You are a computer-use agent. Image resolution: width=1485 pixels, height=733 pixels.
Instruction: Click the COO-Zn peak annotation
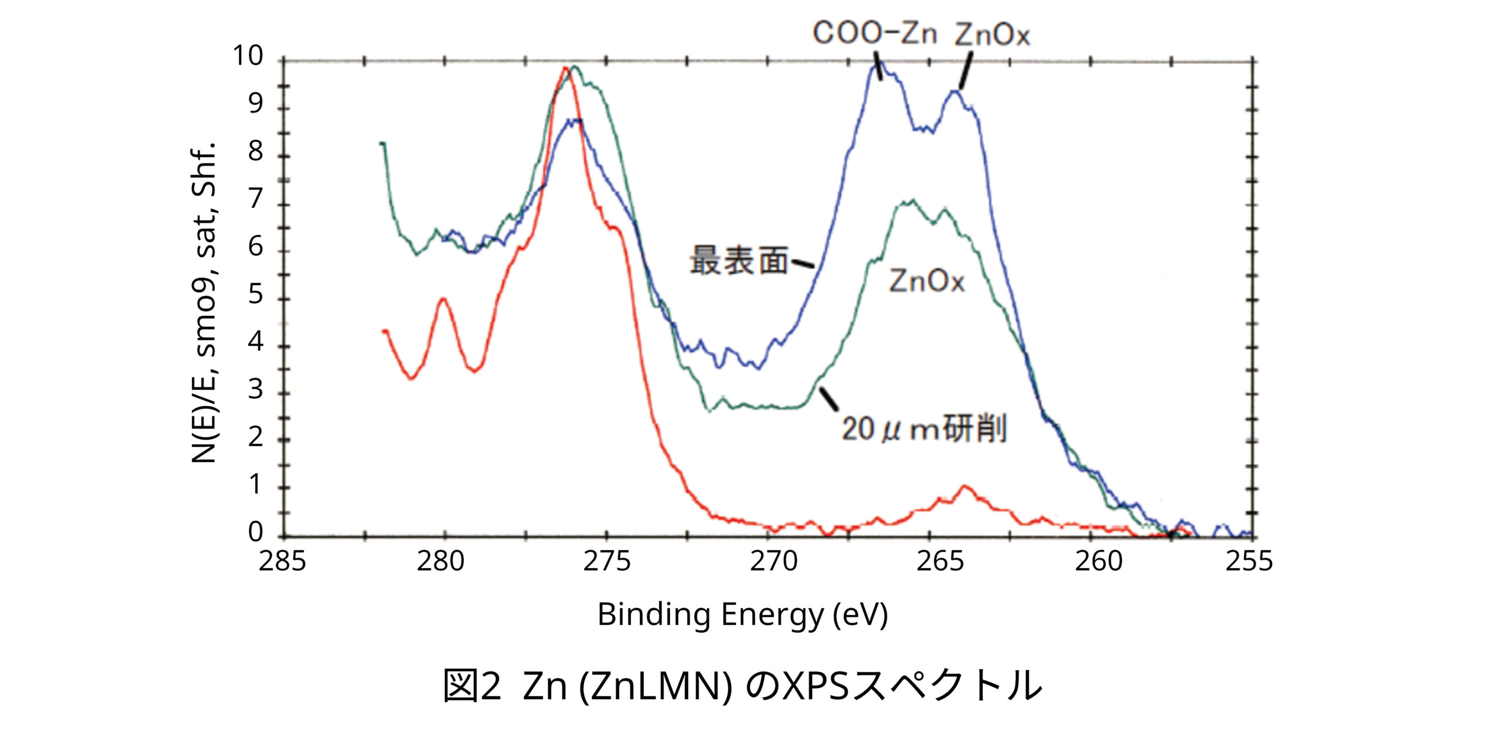[x=874, y=33]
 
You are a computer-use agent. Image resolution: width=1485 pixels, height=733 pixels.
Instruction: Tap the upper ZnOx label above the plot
[x=992, y=35]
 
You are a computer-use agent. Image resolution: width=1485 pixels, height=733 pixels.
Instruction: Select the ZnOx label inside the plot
[x=926, y=282]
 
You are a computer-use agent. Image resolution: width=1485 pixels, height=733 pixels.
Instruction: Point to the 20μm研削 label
[x=923, y=430]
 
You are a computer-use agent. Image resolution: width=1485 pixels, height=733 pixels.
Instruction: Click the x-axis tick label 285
[x=282, y=562]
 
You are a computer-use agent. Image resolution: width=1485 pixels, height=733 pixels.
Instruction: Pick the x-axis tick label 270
[x=774, y=562]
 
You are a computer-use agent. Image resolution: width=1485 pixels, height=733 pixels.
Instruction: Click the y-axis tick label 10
[x=248, y=56]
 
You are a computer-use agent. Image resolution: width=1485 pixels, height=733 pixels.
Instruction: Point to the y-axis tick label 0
[x=255, y=532]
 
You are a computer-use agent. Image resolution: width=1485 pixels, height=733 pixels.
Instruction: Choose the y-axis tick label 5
[x=255, y=295]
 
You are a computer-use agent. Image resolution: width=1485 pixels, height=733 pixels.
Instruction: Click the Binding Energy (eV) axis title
[x=742, y=615]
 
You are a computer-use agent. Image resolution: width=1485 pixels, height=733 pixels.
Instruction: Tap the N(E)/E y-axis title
[x=204, y=302]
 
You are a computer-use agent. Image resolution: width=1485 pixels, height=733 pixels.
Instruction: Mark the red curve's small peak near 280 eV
[x=444, y=299]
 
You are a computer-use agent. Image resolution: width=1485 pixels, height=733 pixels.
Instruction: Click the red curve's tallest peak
[x=565, y=68]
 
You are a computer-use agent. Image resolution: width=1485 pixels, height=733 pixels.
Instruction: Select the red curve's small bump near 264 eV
[x=965, y=486]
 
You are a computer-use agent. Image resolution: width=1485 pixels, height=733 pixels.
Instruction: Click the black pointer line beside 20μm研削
[x=829, y=399]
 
